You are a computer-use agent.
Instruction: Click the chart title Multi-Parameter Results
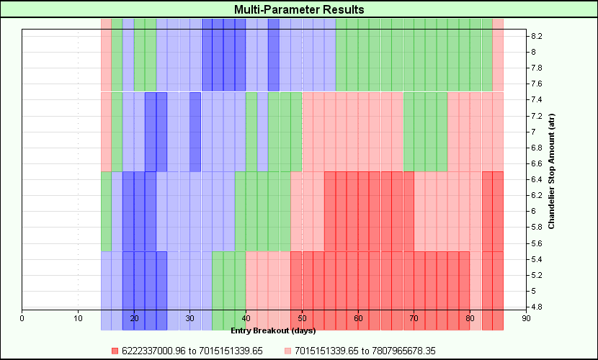(299, 9)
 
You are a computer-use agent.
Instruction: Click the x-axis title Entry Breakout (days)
(273, 331)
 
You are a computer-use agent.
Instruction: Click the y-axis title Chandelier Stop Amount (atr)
(551, 173)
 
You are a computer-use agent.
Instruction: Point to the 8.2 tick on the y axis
(537, 36)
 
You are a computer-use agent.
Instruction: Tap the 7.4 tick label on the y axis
(537, 99)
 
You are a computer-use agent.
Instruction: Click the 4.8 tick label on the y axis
(537, 307)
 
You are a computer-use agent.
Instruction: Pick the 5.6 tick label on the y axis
(537, 243)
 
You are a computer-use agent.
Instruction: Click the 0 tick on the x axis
(22, 318)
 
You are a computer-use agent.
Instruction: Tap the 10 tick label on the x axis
(78, 318)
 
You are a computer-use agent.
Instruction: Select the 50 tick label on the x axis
(302, 318)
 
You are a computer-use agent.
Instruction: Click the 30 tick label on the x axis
(189, 318)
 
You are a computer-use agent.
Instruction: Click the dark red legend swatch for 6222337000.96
(114, 351)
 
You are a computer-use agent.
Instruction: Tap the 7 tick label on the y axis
(533, 131)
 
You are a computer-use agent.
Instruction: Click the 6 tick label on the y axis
(533, 211)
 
